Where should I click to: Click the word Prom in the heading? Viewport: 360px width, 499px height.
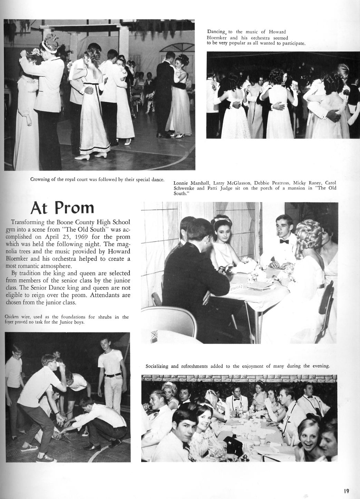coord(74,207)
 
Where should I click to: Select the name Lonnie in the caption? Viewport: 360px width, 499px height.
coord(181,183)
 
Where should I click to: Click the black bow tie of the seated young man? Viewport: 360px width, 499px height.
coord(284,241)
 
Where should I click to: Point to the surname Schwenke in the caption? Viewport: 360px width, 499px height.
coord(184,188)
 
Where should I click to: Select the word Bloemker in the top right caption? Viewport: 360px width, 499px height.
coord(217,38)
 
